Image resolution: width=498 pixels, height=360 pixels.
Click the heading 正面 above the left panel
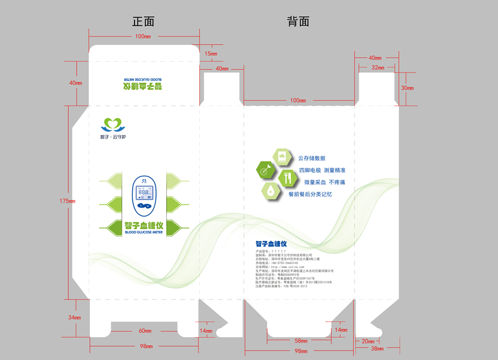[143, 22]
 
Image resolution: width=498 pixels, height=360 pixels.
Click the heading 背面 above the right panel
[298, 22]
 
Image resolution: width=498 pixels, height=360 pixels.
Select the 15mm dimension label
[211, 54]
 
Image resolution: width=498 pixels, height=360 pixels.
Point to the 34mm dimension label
[74, 317]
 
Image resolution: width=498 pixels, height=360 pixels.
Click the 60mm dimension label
[145, 331]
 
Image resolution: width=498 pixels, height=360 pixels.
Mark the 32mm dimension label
[377, 68]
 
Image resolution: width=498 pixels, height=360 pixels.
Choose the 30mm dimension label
[407, 88]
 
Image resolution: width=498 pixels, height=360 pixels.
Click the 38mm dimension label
[377, 349]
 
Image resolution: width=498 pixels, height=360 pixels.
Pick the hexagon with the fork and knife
[287, 177]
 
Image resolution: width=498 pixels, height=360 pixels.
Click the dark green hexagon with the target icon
[266, 169]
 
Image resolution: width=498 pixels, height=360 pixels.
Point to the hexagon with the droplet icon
[271, 191]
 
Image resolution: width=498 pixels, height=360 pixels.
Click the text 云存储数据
[311, 158]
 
